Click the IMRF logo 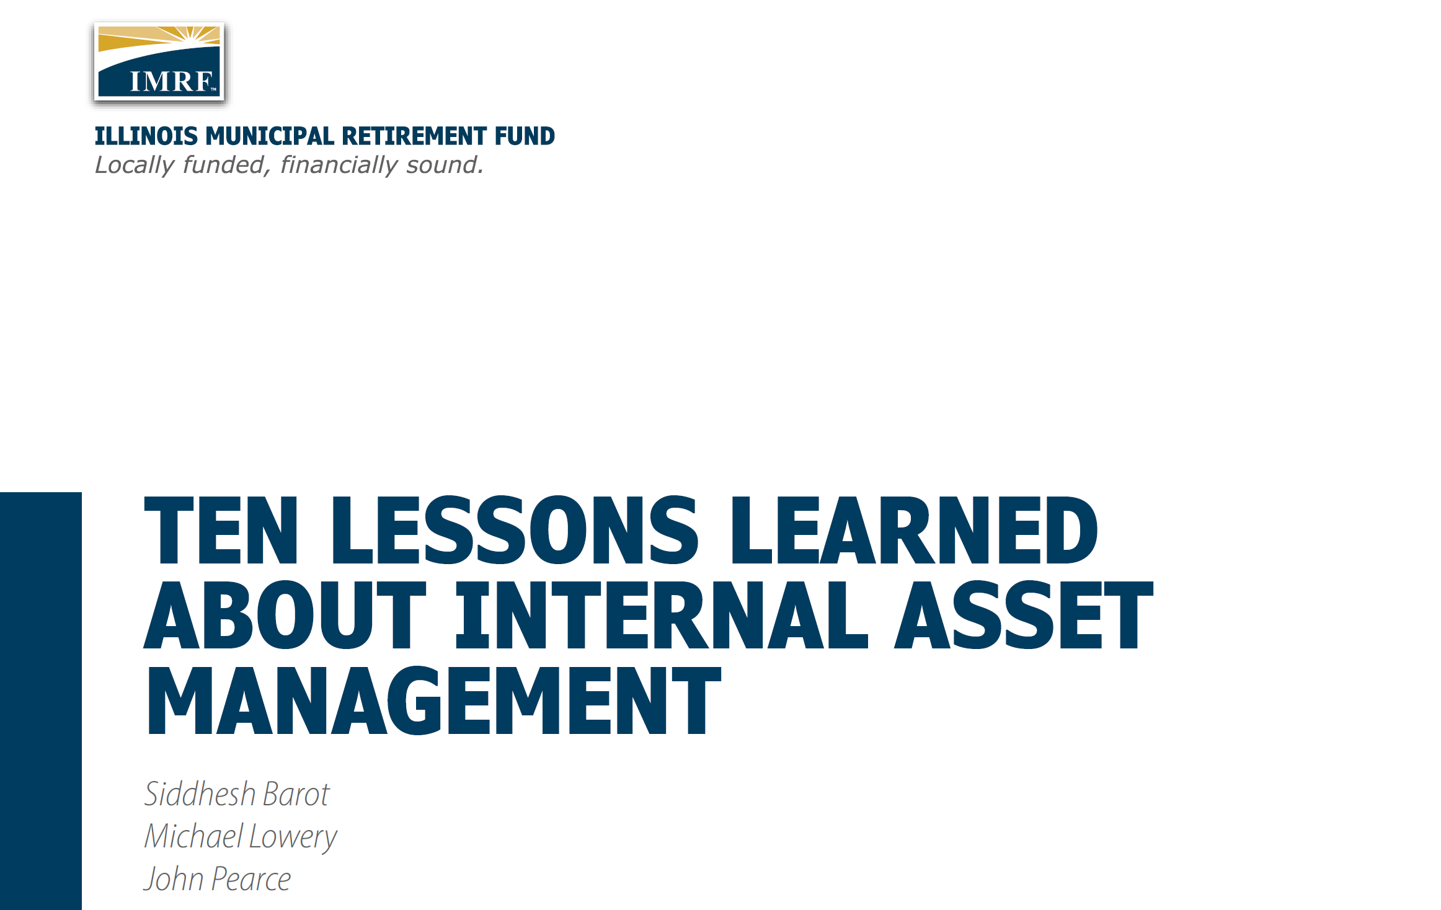tap(159, 61)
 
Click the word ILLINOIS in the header tap(146, 136)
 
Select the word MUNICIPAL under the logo tap(270, 136)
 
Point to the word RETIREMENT tap(415, 136)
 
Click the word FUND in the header tap(525, 136)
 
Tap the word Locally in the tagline tap(135, 166)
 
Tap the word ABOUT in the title tap(285, 615)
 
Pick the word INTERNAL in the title tap(662, 615)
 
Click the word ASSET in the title tap(1024, 615)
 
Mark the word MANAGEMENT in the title tap(433, 700)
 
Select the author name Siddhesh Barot tap(237, 794)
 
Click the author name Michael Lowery tap(241, 837)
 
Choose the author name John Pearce tap(218, 879)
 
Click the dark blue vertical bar tap(41, 701)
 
